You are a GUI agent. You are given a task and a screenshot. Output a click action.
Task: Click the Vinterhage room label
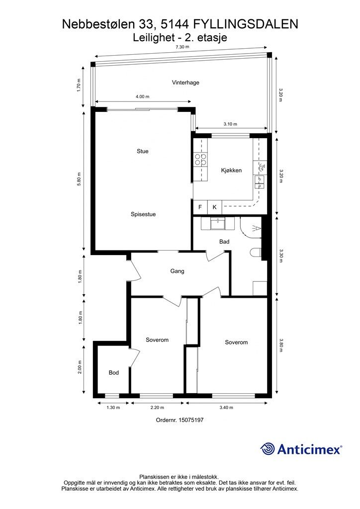(x=185, y=83)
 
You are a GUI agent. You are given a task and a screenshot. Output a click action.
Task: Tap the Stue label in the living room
(x=143, y=151)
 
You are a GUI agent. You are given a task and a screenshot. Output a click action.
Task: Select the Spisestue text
(x=143, y=214)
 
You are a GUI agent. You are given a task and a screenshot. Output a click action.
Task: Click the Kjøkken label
(x=231, y=170)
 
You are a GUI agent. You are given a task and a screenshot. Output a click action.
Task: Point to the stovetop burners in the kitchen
(x=200, y=159)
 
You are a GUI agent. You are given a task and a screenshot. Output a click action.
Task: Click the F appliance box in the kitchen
(x=200, y=207)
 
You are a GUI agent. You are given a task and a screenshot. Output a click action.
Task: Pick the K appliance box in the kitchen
(x=214, y=207)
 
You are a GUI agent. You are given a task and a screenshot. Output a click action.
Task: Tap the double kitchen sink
(x=260, y=182)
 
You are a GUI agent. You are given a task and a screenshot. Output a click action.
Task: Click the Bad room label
(x=224, y=242)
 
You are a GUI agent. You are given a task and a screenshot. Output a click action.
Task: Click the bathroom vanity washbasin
(x=217, y=224)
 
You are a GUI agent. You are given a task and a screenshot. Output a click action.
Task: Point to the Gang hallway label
(x=177, y=271)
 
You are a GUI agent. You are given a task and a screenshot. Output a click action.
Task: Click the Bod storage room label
(x=113, y=373)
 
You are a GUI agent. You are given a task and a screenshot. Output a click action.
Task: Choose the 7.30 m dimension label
(x=182, y=47)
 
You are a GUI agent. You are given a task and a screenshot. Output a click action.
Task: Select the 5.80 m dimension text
(x=79, y=179)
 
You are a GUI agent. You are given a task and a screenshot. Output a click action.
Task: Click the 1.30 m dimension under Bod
(x=113, y=408)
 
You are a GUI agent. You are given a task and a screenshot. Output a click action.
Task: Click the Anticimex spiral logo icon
(x=268, y=449)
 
